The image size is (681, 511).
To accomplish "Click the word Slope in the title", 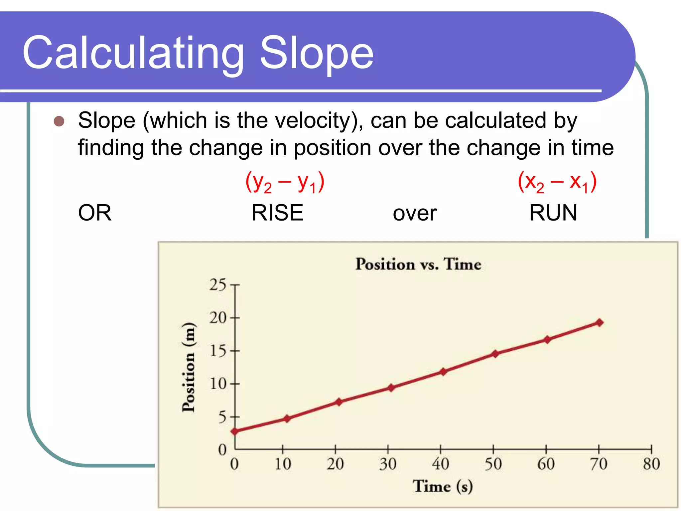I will tap(316, 53).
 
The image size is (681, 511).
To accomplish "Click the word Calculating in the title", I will tap(133, 53).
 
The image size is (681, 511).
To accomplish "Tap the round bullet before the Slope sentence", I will tap(59, 121).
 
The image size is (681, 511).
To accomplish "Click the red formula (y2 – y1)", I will tap(285, 182).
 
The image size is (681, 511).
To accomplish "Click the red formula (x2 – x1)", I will tap(557, 182).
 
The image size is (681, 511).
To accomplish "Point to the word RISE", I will tap(277, 213).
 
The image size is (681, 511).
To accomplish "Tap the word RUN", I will tap(553, 213).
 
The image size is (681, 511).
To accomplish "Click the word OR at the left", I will tap(95, 213).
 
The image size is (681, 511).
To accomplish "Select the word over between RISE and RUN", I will tap(414, 214).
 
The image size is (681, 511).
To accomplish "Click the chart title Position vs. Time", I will tap(418, 264).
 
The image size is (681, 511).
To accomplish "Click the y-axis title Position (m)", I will tap(189, 367).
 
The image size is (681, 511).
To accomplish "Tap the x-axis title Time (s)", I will tap(443, 486).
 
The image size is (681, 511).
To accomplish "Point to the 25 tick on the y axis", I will tap(218, 285).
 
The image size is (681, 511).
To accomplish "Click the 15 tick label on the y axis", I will tap(218, 351).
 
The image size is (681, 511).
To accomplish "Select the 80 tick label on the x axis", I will tap(651, 464).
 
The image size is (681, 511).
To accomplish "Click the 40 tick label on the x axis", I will tap(440, 464).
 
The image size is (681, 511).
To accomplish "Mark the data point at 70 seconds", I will tap(599, 322).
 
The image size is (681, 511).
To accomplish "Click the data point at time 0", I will tap(235, 431).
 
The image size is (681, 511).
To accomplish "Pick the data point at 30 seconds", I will tap(391, 388).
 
